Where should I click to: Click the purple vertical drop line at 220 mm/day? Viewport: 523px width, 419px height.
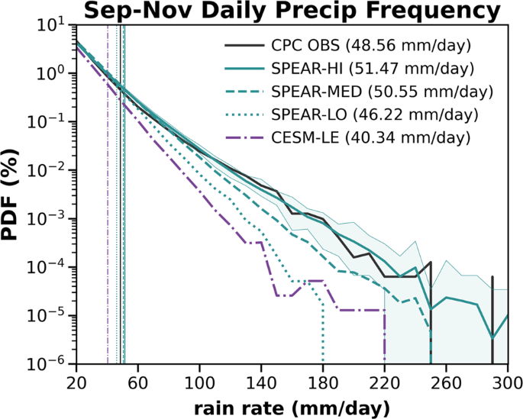click(x=385, y=336)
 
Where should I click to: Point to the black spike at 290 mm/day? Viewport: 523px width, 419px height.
click(x=492, y=321)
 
